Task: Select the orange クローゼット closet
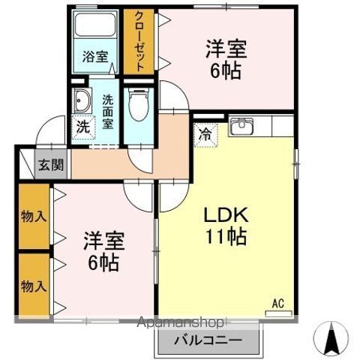tap(138, 41)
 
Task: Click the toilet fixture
tap(137, 104)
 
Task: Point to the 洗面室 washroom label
tap(108, 110)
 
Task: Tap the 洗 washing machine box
tap(82, 127)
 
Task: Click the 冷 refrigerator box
tap(204, 136)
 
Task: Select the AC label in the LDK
tap(277, 303)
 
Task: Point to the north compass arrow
tap(331, 341)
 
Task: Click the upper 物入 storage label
tap(33, 217)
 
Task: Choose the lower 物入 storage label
tap(33, 286)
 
